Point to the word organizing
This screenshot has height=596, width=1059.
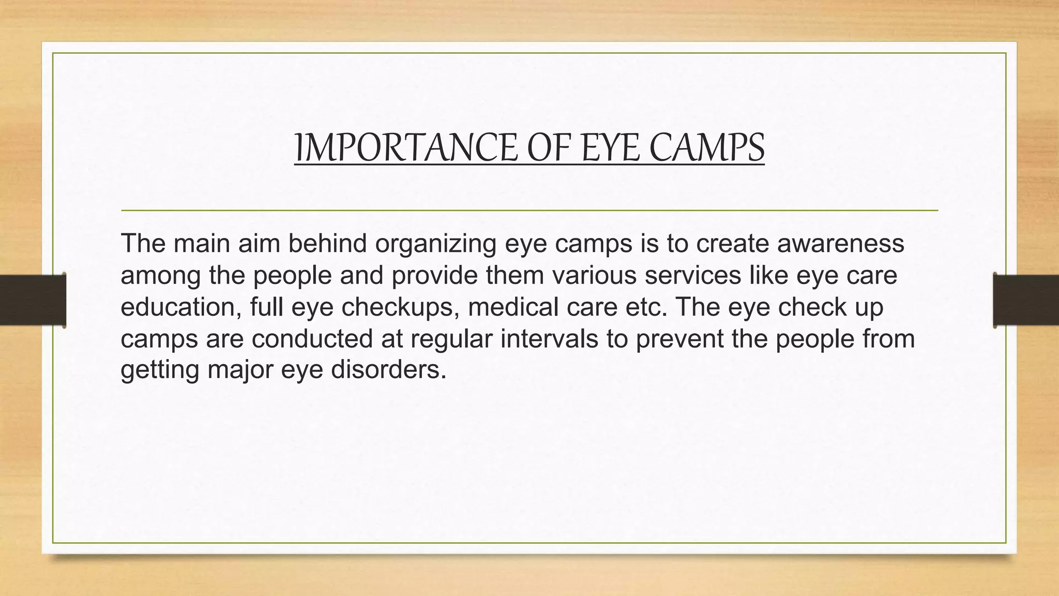click(435, 244)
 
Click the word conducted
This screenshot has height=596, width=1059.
click(312, 339)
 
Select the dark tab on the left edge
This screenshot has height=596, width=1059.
click(33, 300)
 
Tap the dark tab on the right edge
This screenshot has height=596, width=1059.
click(1026, 300)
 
